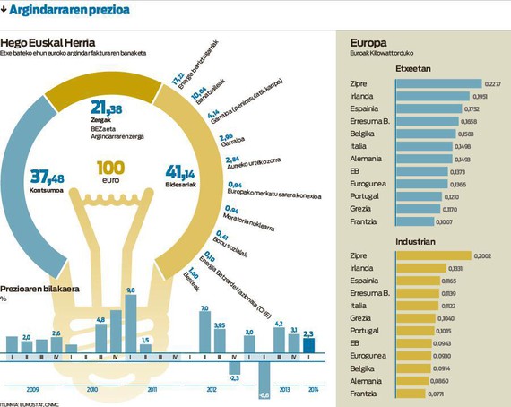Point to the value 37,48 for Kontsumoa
(x=48, y=176)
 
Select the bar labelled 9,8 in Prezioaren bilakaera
(x=131, y=325)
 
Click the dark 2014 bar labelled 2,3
(x=308, y=346)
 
